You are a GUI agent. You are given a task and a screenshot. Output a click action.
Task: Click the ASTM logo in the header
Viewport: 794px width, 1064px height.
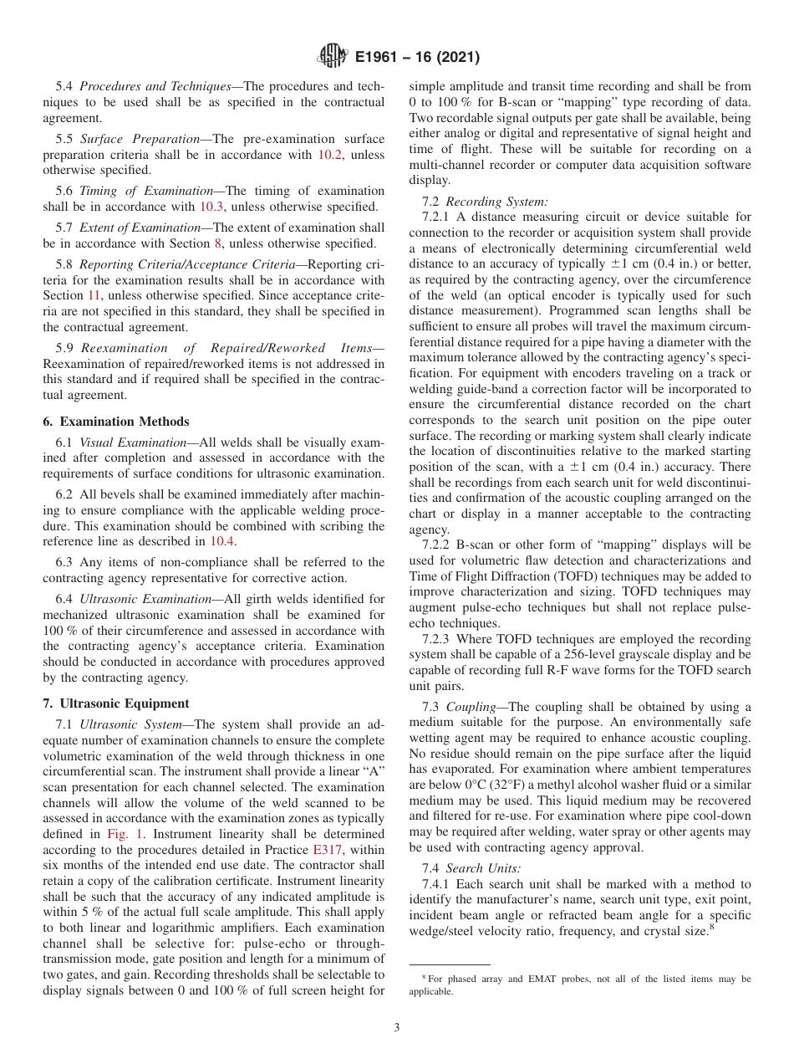click(x=332, y=58)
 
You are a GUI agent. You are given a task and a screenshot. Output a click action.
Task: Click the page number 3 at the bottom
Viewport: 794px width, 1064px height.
click(x=396, y=1028)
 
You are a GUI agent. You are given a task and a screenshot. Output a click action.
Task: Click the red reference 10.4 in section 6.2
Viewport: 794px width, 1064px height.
click(x=222, y=541)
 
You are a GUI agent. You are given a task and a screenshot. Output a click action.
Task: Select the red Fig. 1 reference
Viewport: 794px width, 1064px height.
click(x=123, y=834)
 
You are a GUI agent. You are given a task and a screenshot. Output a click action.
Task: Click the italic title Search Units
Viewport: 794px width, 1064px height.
click(x=483, y=868)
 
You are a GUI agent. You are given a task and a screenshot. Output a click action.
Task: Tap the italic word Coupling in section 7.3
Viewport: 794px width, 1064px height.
click(x=471, y=707)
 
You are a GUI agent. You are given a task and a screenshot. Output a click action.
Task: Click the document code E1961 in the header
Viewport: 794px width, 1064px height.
click(x=382, y=58)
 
